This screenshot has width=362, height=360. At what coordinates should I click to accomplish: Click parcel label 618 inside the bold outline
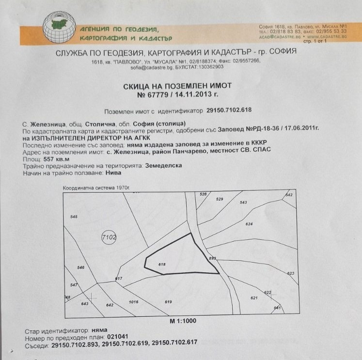162,264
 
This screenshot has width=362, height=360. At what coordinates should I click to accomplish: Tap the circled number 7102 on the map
110,237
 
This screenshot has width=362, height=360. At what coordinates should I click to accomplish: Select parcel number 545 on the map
74,216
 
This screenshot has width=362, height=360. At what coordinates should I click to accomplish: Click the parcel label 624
250,224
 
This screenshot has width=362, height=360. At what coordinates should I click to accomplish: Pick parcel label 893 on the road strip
212,258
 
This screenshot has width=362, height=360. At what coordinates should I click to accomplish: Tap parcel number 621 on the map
253,298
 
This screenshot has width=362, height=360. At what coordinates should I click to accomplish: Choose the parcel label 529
219,199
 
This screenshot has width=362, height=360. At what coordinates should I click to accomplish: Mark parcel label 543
244,202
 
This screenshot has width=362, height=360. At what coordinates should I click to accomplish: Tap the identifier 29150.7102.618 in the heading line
229,110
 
